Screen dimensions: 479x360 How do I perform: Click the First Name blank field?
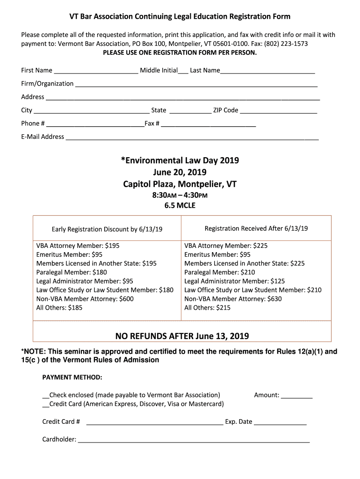[x=96, y=71]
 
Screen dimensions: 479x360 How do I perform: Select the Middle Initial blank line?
[x=183, y=71]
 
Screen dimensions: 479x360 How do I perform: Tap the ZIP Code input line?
[x=278, y=111]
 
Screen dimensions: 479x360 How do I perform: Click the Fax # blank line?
[x=209, y=124]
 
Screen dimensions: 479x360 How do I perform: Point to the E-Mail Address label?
[x=43, y=137]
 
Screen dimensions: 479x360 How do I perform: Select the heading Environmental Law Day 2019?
[x=180, y=160]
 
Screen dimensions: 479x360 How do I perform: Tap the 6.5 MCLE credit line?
[x=180, y=205]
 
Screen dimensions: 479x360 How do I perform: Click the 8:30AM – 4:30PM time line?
[x=180, y=195]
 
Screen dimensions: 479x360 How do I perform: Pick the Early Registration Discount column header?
[x=107, y=229]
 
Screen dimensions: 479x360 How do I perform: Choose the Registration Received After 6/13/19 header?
[x=256, y=228]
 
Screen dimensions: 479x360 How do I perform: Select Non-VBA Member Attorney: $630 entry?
[x=233, y=299]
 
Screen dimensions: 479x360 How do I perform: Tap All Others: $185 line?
[x=59, y=308]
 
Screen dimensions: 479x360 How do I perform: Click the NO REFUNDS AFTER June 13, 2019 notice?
[x=182, y=336]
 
